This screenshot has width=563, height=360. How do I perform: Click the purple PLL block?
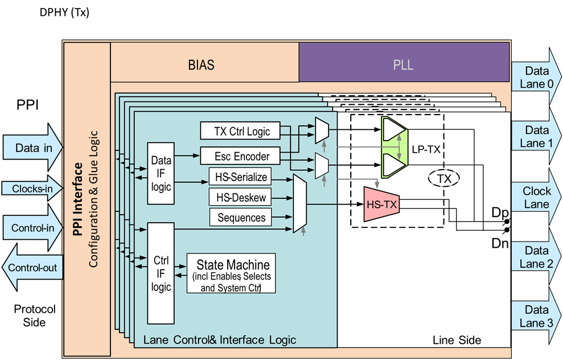point(404,64)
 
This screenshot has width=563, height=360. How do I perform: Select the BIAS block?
point(201,64)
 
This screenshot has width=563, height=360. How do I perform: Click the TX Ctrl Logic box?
point(242,132)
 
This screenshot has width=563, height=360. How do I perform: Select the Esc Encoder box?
point(242,155)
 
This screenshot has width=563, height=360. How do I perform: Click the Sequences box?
point(241,218)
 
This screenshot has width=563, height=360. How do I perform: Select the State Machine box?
point(231,273)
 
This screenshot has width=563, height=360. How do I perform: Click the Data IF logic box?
point(161,173)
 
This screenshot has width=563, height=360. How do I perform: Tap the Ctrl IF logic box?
point(161,273)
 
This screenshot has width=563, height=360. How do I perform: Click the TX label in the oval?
point(443,179)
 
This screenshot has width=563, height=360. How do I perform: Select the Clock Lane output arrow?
point(535,197)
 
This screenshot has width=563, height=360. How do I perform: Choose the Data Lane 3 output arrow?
point(535,316)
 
